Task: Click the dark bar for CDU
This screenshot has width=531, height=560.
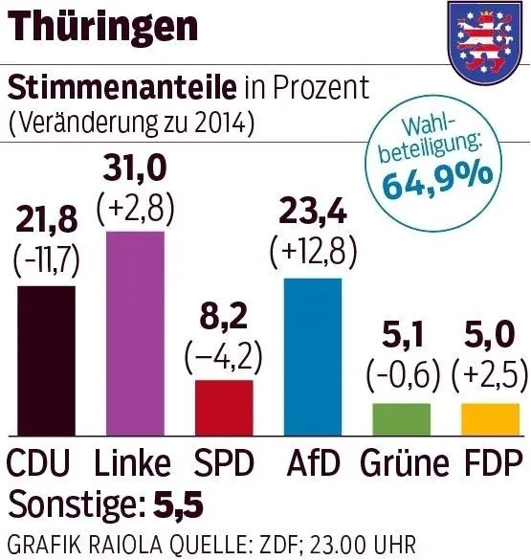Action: tap(46, 358)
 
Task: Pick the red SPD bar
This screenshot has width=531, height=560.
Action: tap(224, 406)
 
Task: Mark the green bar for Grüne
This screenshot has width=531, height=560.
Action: tap(401, 417)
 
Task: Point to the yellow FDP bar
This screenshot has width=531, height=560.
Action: tap(490, 417)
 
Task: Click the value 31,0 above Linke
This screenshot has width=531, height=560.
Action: tap(134, 171)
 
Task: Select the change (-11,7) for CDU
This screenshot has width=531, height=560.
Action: tap(46, 261)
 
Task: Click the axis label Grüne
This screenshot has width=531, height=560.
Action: tap(404, 463)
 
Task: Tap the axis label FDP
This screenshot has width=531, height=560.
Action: tap(492, 463)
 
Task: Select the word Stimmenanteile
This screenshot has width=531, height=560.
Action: tap(122, 88)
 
